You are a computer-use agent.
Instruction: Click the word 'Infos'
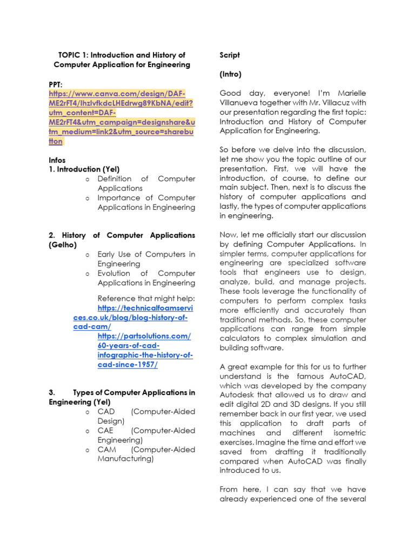click(57, 160)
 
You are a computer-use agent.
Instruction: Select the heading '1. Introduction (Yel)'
click(84, 169)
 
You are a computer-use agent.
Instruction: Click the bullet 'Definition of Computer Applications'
click(146, 183)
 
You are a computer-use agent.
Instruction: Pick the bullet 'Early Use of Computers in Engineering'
click(146, 259)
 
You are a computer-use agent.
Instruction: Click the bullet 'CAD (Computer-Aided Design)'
click(146, 416)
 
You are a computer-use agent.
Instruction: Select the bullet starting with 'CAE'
click(146, 435)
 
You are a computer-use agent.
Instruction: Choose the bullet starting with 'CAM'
click(146, 454)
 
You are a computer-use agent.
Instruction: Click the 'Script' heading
click(230, 55)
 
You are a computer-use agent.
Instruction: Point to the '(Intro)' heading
click(231, 74)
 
